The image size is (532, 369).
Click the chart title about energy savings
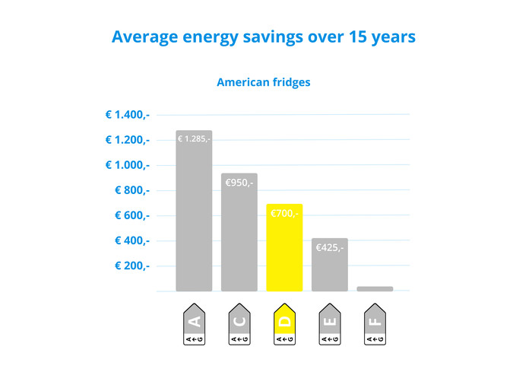point(264,37)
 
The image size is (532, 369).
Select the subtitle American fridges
point(263,82)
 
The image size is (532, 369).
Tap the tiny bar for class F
point(375,288)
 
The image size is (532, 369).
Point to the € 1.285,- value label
point(194,139)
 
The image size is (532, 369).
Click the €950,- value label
point(239,183)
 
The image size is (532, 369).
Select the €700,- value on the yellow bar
point(284,214)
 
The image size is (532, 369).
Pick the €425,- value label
point(329,247)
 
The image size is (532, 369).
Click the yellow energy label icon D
point(284,325)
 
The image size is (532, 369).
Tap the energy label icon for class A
point(194,325)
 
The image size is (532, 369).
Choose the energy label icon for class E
point(329,325)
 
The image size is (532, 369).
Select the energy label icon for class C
point(239,325)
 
